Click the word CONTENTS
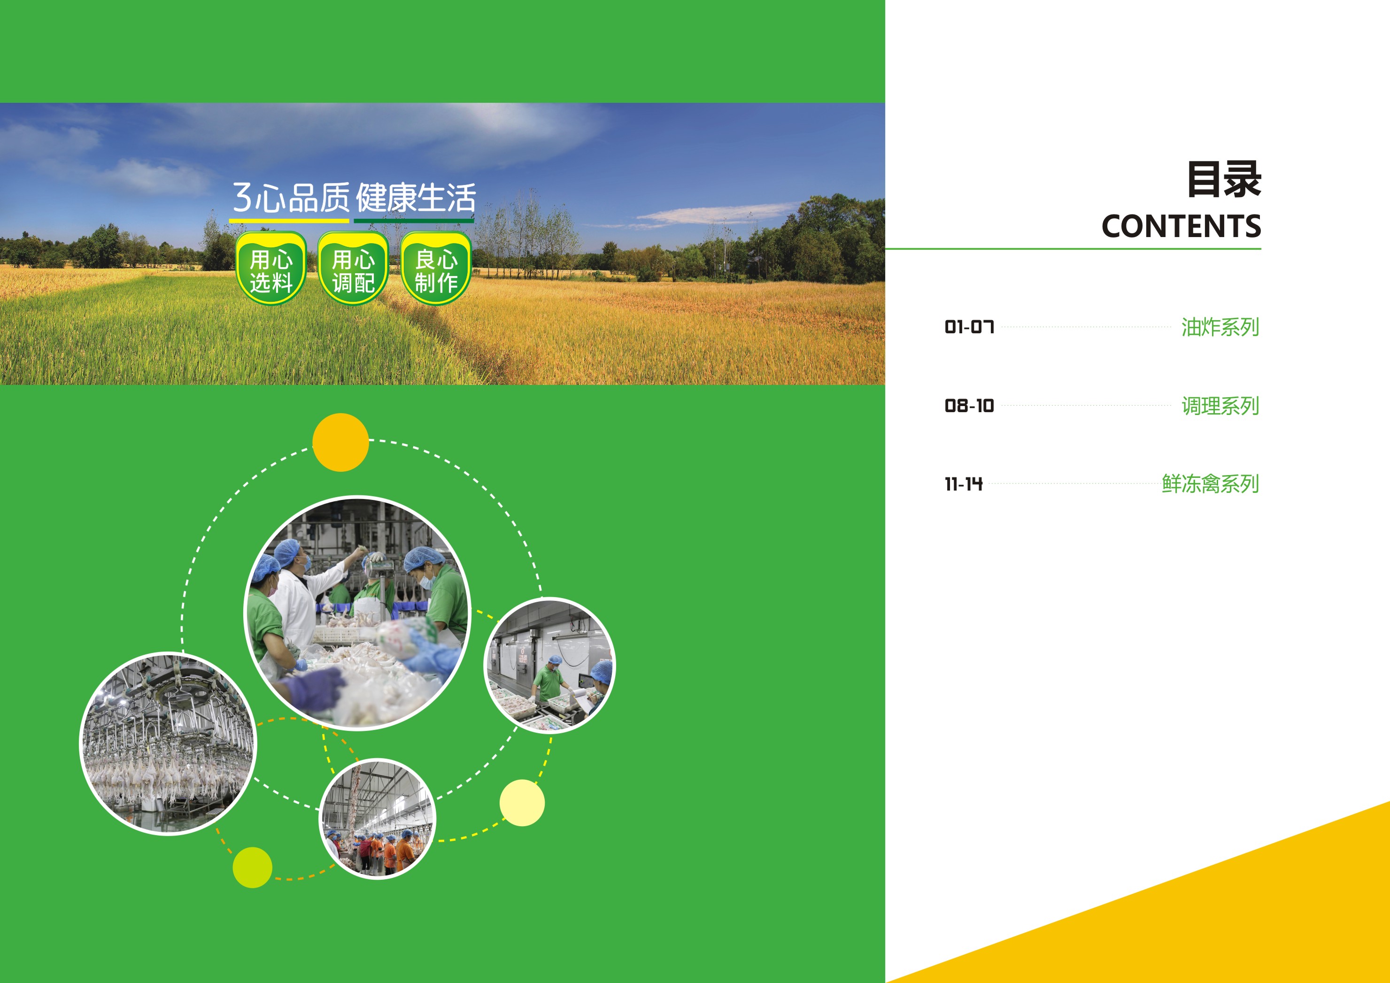pos(1181,226)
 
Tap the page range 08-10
pos(969,406)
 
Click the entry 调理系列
pos(1220,406)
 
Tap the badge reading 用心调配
pos(353,268)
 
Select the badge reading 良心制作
pos(436,268)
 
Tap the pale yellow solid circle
pos(522,803)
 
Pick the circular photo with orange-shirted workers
pos(377,818)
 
